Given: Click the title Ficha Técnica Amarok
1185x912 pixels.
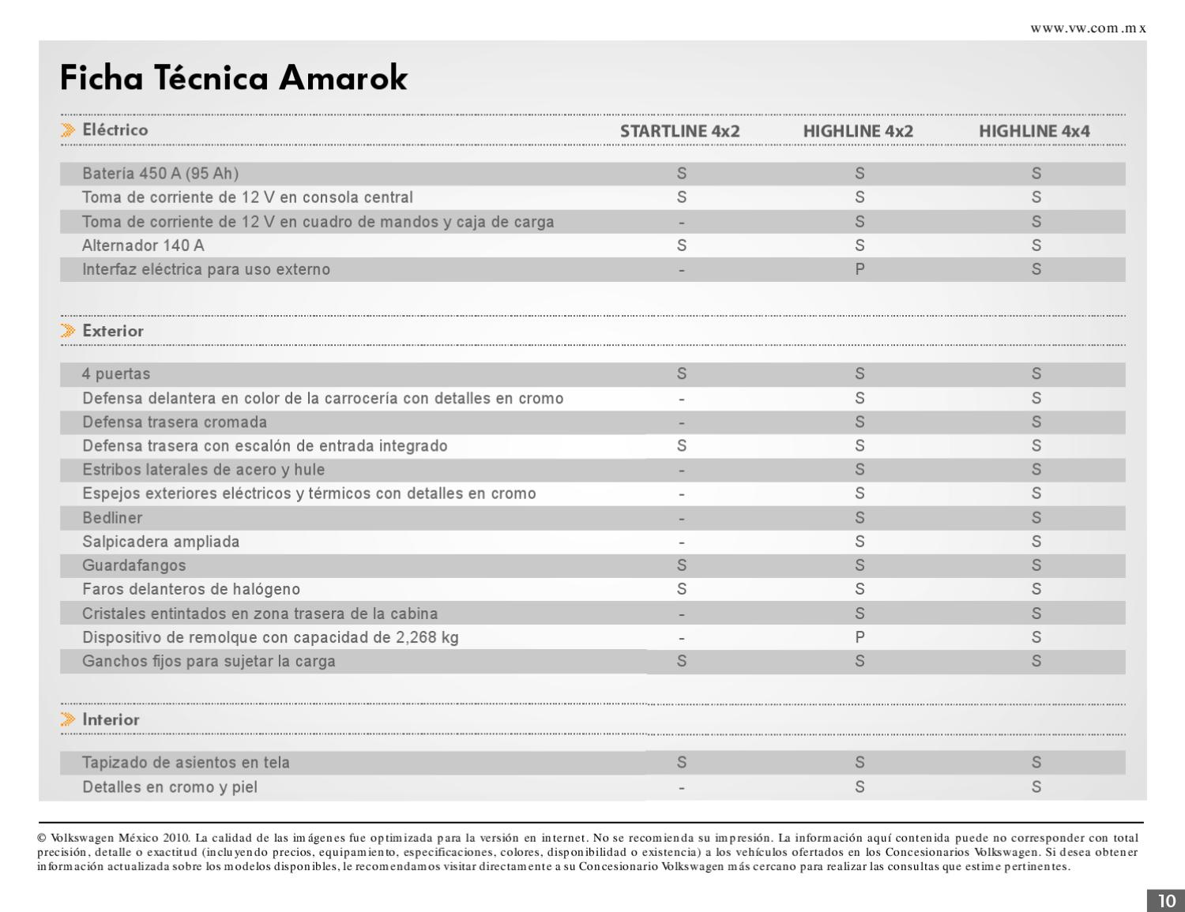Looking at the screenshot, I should tap(234, 78).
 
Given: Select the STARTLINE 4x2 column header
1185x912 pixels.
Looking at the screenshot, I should tap(679, 131).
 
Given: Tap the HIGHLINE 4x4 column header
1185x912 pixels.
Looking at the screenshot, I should tap(1034, 131).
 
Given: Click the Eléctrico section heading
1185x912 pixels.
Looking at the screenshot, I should tap(115, 129).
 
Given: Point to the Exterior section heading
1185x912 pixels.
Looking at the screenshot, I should tap(113, 331).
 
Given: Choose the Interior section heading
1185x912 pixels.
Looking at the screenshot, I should tap(111, 719).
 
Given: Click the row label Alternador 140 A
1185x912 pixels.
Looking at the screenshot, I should tap(143, 246).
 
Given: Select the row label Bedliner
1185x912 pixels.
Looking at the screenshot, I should tap(112, 518).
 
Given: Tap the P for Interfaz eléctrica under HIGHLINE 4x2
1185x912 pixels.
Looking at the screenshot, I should tap(860, 269).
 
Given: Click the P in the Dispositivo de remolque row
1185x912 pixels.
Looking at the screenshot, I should tap(860, 637).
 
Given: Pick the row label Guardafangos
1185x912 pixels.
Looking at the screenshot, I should tap(134, 565).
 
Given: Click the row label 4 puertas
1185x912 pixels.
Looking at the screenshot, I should tap(116, 373).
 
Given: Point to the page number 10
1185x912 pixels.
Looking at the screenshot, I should tap(1166, 901).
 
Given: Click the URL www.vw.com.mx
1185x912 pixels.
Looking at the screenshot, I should tap(1088, 28).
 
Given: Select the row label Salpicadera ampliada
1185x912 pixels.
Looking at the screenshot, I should tap(160, 542).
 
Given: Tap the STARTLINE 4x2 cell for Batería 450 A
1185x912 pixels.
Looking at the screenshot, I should tap(682, 174).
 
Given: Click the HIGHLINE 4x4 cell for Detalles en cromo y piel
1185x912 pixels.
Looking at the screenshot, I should tap(1036, 786).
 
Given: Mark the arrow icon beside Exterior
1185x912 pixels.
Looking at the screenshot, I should tap(69, 331).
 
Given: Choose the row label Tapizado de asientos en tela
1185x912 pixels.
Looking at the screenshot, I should tap(186, 763).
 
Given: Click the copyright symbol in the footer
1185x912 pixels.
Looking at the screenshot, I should tap(42, 838).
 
